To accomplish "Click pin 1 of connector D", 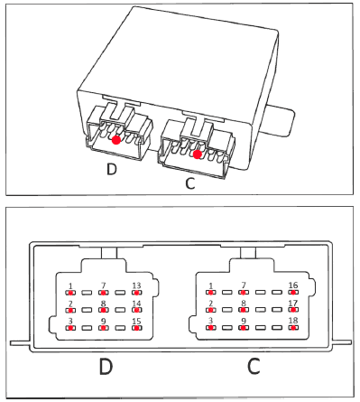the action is click(x=70, y=293).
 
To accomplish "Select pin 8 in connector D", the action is click(x=104, y=310).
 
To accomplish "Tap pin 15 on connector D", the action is click(x=136, y=328).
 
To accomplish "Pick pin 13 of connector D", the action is click(x=136, y=293).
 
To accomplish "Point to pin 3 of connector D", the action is click(x=70, y=328).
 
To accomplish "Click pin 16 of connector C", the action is click(x=293, y=292).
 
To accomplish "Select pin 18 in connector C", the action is click(x=293, y=328).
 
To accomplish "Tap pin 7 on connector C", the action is click(x=244, y=292).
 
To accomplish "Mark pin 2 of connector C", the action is click(x=210, y=310).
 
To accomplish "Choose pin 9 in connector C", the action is click(x=244, y=328).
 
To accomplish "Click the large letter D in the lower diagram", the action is click(x=106, y=366).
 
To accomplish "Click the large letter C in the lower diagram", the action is click(x=254, y=366).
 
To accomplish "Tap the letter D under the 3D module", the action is click(x=112, y=169).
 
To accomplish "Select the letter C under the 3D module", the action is click(x=190, y=183).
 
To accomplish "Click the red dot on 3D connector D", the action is click(x=116, y=140).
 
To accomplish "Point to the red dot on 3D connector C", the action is click(x=197, y=154).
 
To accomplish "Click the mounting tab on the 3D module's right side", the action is click(x=280, y=120).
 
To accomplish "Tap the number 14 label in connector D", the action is click(x=136, y=304).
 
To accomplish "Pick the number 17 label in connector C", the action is click(x=293, y=304).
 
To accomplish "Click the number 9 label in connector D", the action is click(x=104, y=322).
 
